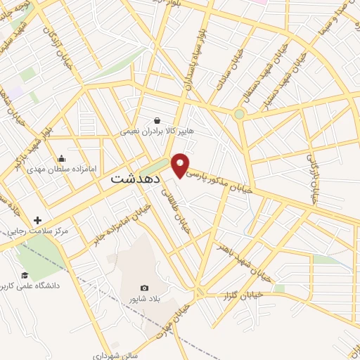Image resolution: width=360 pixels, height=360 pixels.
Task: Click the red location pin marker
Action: (181, 164)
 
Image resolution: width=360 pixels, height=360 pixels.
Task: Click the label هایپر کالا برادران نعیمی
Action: (156, 131)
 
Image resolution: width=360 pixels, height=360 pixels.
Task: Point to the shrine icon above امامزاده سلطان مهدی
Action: (62, 158)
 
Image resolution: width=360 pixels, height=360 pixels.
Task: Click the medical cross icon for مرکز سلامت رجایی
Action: (37, 220)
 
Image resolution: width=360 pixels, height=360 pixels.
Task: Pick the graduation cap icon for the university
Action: (25, 275)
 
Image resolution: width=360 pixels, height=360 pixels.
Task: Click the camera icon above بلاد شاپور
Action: (144, 288)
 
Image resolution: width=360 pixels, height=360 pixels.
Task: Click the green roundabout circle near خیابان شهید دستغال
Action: (239, 113)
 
